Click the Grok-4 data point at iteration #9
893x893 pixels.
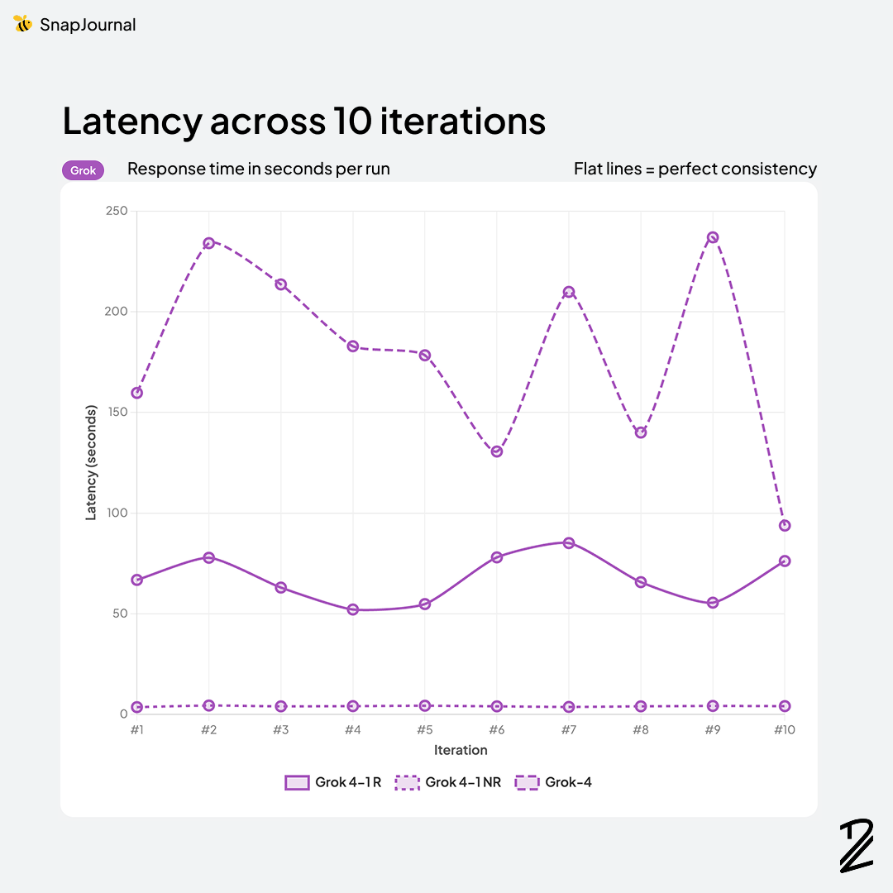(x=713, y=237)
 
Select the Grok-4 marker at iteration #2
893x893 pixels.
(x=209, y=243)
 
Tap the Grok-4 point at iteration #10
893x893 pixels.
(x=785, y=525)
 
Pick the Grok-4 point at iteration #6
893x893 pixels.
(x=497, y=451)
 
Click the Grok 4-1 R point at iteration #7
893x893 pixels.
(x=569, y=542)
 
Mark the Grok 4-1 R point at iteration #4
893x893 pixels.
(x=353, y=609)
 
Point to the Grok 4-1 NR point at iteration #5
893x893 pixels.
(x=425, y=706)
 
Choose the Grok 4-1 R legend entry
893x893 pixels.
(x=332, y=782)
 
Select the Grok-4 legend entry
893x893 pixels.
(x=553, y=782)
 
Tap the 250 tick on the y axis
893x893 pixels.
(x=117, y=211)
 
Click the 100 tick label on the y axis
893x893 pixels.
(x=117, y=513)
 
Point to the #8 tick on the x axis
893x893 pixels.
(x=641, y=730)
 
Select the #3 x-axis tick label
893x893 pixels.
(x=281, y=730)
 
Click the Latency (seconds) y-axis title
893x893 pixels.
(x=91, y=462)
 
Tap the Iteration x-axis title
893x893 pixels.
(x=461, y=750)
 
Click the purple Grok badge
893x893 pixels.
(x=83, y=170)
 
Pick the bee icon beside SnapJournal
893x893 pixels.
(x=23, y=24)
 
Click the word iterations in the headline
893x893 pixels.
(x=463, y=121)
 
